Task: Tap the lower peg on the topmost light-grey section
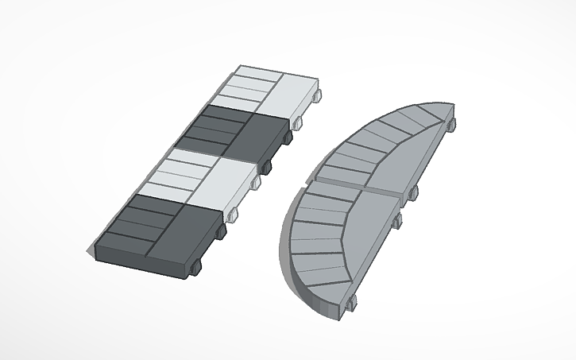(299, 123)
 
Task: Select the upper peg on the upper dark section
(287, 138)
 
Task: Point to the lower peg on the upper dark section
(267, 165)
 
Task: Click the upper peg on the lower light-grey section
(255, 183)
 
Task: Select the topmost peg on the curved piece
(453, 122)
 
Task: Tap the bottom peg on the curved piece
(350, 300)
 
